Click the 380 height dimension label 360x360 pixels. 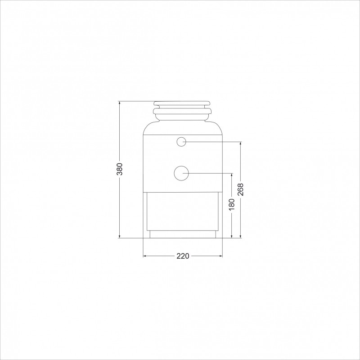click(x=120, y=169)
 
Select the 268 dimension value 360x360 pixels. click(x=240, y=189)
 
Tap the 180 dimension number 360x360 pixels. click(x=232, y=204)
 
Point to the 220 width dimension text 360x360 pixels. click(x=183, y=256)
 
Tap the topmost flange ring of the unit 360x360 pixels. click(x=182, y=103)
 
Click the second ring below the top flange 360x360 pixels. click(x=182, y=111)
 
